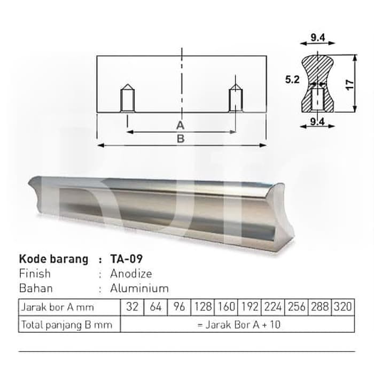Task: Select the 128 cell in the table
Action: click(x=202, y=307)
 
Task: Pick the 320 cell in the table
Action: click(x=343, y=307)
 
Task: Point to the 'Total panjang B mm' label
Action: click(x=66, y=324)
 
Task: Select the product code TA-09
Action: click(x=127, y=259)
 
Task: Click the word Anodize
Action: click(x=131, y=274)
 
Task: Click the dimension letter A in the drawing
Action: click(x=181, y=125)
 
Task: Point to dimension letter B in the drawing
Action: click(x=181, y=138)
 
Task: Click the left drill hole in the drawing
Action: click(x=128, y=98)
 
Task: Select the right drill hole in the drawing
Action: click(x=236, y=98)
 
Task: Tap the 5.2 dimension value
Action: click(x=292, y=80)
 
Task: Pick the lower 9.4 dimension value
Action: click(x=318, y=122)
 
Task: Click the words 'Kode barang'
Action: click(x=53, y=259)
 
